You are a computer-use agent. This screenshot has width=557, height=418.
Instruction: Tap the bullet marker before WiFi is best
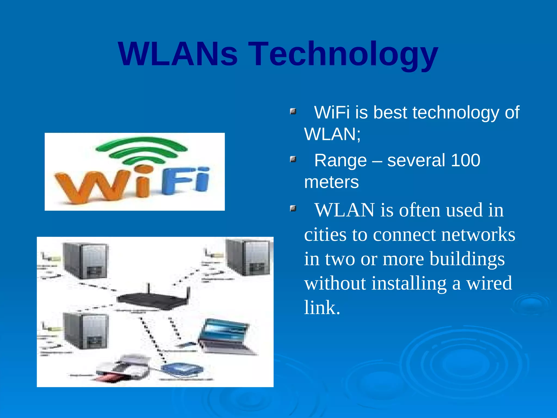pyautogui.click(x=293, y=111)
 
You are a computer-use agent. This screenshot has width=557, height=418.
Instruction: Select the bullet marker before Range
pyautogui.click(x=293, y=159)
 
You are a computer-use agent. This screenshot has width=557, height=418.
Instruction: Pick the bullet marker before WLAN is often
pyautogui.click(x=293, y=209)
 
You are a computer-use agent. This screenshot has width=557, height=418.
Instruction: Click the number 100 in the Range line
pyautogui.click(x=465, y=160)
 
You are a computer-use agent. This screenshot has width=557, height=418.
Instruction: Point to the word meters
pyautogui.click(x=331, y=182)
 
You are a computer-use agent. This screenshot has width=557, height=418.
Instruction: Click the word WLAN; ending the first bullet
pyautogui.click(x=332, y=134)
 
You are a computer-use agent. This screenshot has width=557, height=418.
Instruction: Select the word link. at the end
pyautogui.click(x=322, y=308)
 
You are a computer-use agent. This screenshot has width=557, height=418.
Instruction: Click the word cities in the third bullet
pyautogui.click(x=325, y=235)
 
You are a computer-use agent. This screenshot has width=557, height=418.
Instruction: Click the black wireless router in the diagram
pyautogui.click(x=152, y=299)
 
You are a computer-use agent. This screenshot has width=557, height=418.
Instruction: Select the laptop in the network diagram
pyautogui.click(x=226, y=337)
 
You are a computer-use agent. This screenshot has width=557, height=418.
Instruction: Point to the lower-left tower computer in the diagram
pyautogui.click(x=86, y=331)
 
